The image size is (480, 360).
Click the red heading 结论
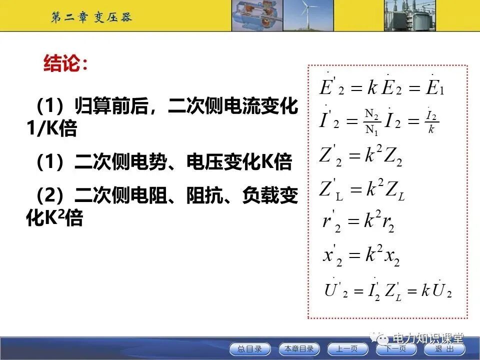point(65,64)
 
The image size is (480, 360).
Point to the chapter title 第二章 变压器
point(91,17)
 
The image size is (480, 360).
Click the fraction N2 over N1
point(371,122)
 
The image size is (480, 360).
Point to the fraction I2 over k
point(431,122)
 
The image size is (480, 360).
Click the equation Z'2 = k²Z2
point(360,157)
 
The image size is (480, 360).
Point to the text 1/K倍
point(52,129)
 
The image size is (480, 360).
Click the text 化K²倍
point(54,217)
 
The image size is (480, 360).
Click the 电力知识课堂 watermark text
point(428,338)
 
